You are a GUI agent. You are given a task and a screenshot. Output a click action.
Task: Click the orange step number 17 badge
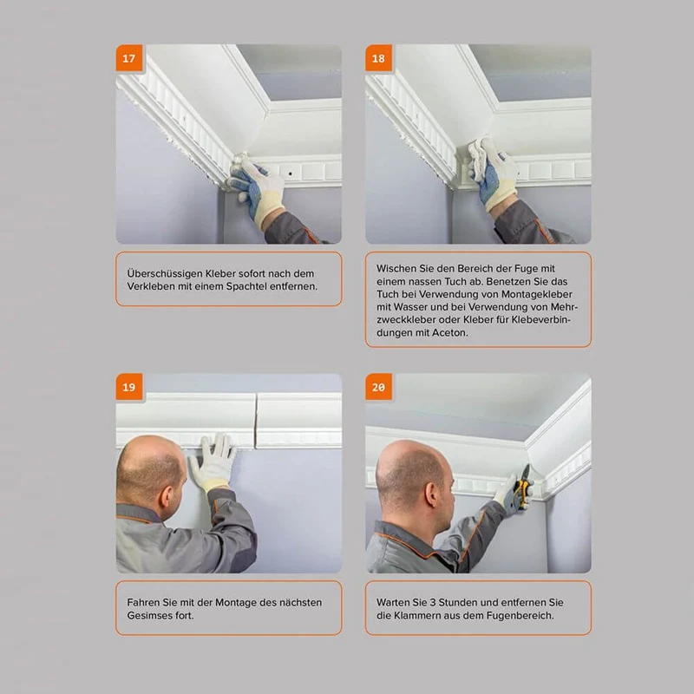[129, 58]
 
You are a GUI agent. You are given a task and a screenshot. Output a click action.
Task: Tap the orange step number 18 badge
[378, 58]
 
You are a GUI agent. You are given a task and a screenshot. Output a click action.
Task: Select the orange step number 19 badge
[129, 387]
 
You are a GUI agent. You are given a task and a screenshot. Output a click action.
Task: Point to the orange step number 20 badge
[378, 387]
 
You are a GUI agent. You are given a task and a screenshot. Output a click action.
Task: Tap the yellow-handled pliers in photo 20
[523, 487]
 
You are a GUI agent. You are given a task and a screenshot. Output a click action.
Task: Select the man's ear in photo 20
[430, 494]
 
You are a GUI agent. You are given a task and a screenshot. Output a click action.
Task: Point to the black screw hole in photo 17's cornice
[291, 173]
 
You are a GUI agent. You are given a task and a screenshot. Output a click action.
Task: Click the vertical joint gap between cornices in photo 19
[256, 422]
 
